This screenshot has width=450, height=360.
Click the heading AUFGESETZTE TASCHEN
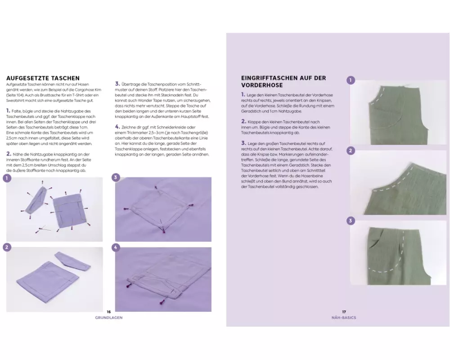point(43,78)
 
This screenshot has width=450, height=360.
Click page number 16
point(109,312)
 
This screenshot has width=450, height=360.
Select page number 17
point(344,312)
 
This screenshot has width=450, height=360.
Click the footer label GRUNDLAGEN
point(109,318)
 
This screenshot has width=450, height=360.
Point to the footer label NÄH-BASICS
point(344,318)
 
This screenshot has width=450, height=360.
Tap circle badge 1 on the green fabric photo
point(351,80)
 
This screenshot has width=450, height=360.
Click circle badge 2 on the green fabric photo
point(351,150)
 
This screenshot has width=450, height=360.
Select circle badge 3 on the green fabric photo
point(351,220)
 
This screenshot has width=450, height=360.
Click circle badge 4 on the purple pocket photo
point(116,247)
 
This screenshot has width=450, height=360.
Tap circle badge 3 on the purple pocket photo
point(116,177)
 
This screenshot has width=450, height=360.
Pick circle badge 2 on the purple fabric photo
point(7,247)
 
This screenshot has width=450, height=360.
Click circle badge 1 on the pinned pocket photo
point(7,178)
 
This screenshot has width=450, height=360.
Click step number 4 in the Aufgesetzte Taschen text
point(117,126)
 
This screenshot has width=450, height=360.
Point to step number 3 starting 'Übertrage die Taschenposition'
point(117,84)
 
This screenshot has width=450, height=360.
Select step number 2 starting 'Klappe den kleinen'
point(243,121)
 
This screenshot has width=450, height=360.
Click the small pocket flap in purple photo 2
point(73,261)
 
